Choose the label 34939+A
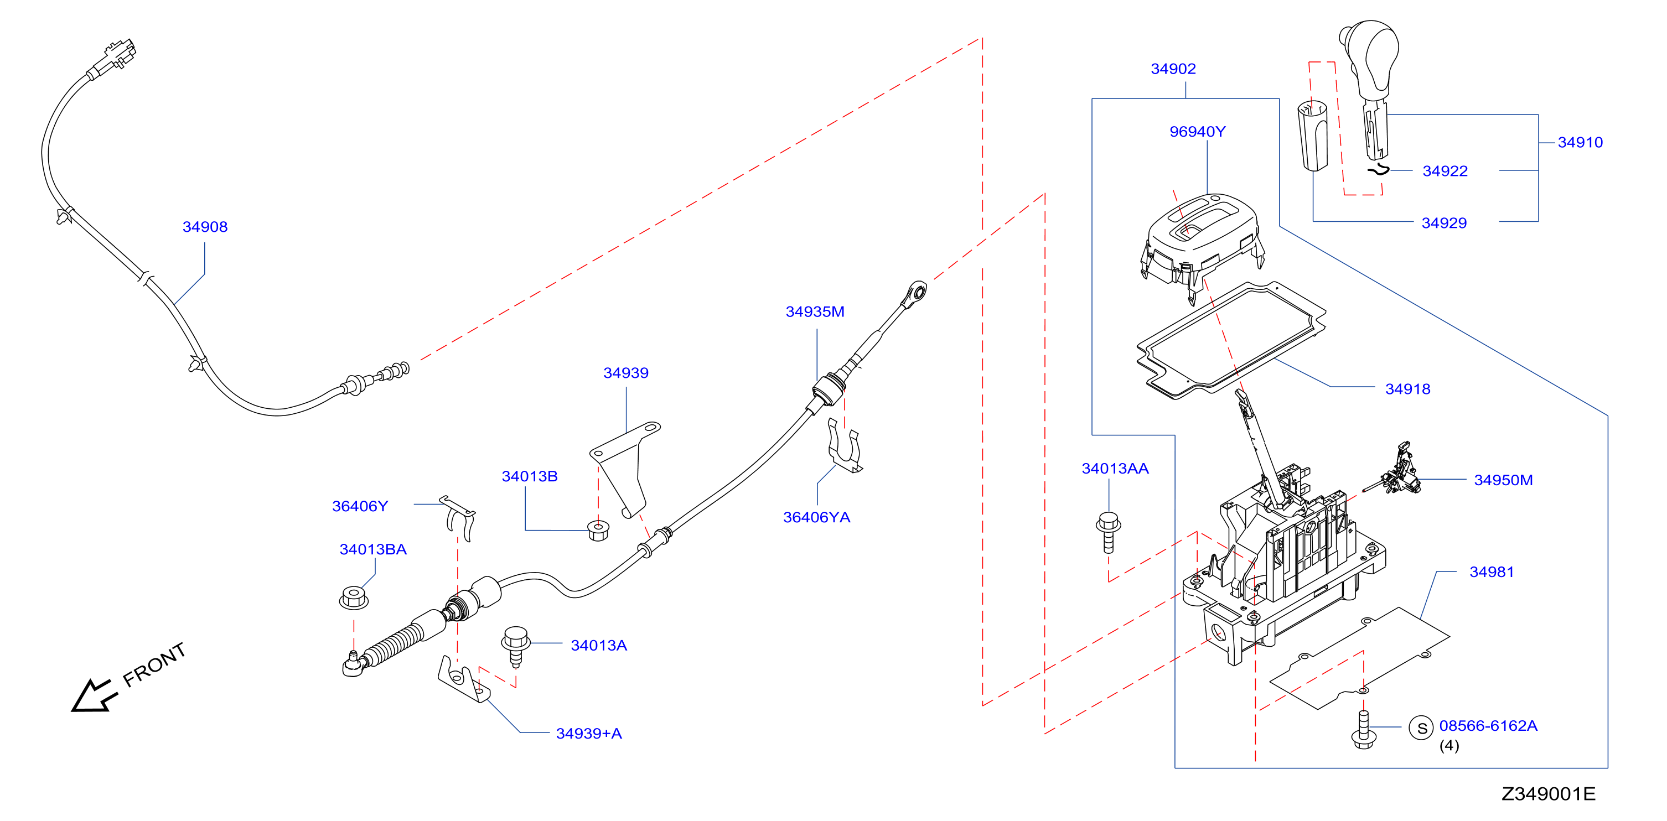[x=588, y=733]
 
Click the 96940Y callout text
[x=1197, y=131]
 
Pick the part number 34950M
[x=1503, y=480]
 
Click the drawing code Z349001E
[x=1548, y=794]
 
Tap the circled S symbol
[x=1422, y=729]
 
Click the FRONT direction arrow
[x=95, y=696]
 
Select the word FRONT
[x=154, y=664]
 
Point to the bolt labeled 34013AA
[x=1109, y=532]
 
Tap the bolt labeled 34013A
[x=516, y=645]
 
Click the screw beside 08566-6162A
[x=1364, y=729]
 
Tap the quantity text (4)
[x=1449, y=745]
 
